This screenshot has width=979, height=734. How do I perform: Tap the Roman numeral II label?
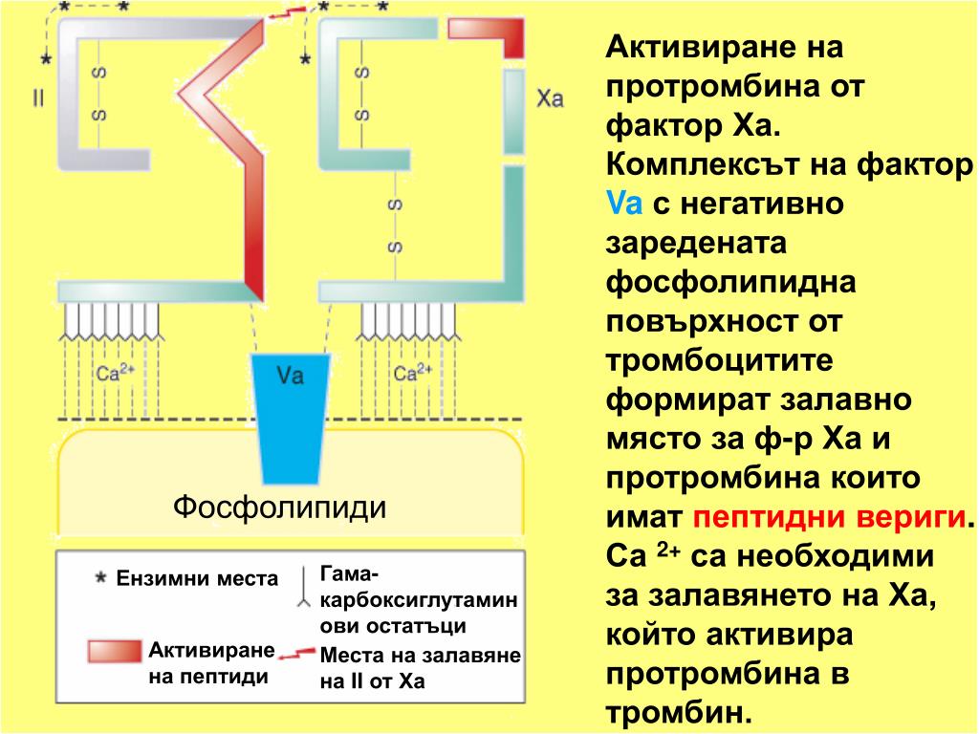click(x=38, y=99)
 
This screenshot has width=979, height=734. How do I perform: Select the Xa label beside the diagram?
click(x=551, y=99)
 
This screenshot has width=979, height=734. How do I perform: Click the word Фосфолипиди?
click(x=280, y=506)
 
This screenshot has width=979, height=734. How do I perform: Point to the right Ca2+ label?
click(x=413, y=372)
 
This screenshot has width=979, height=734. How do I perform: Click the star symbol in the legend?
click(x=100, y=578)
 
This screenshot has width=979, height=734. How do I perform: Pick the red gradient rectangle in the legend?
click(x=115, y=651)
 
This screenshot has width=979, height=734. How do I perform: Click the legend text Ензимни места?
click(x=197, y=579)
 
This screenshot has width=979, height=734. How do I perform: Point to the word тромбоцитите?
click(x=720, y=360)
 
